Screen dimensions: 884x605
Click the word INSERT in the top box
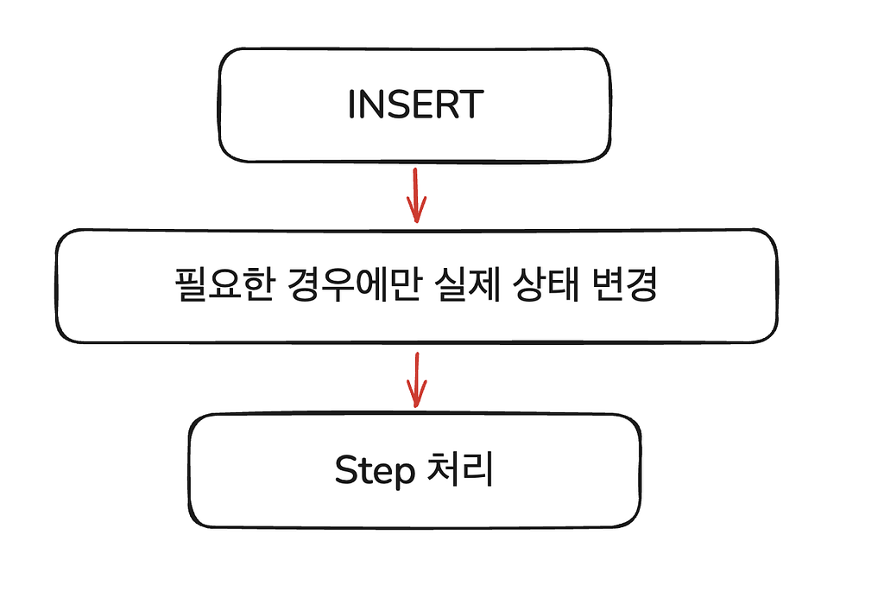click(x=415, y=105)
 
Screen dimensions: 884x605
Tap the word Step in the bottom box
click(x=375, y=471)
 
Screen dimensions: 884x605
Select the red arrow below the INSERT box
click(x=416, y=195)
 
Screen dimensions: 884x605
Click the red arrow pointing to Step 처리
click(x=416, y=379)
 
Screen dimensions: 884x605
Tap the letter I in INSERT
click(x=352, y=105)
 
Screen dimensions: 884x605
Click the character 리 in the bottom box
click(x=478, y=468)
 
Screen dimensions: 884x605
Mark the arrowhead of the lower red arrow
click(x=416, y=395)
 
